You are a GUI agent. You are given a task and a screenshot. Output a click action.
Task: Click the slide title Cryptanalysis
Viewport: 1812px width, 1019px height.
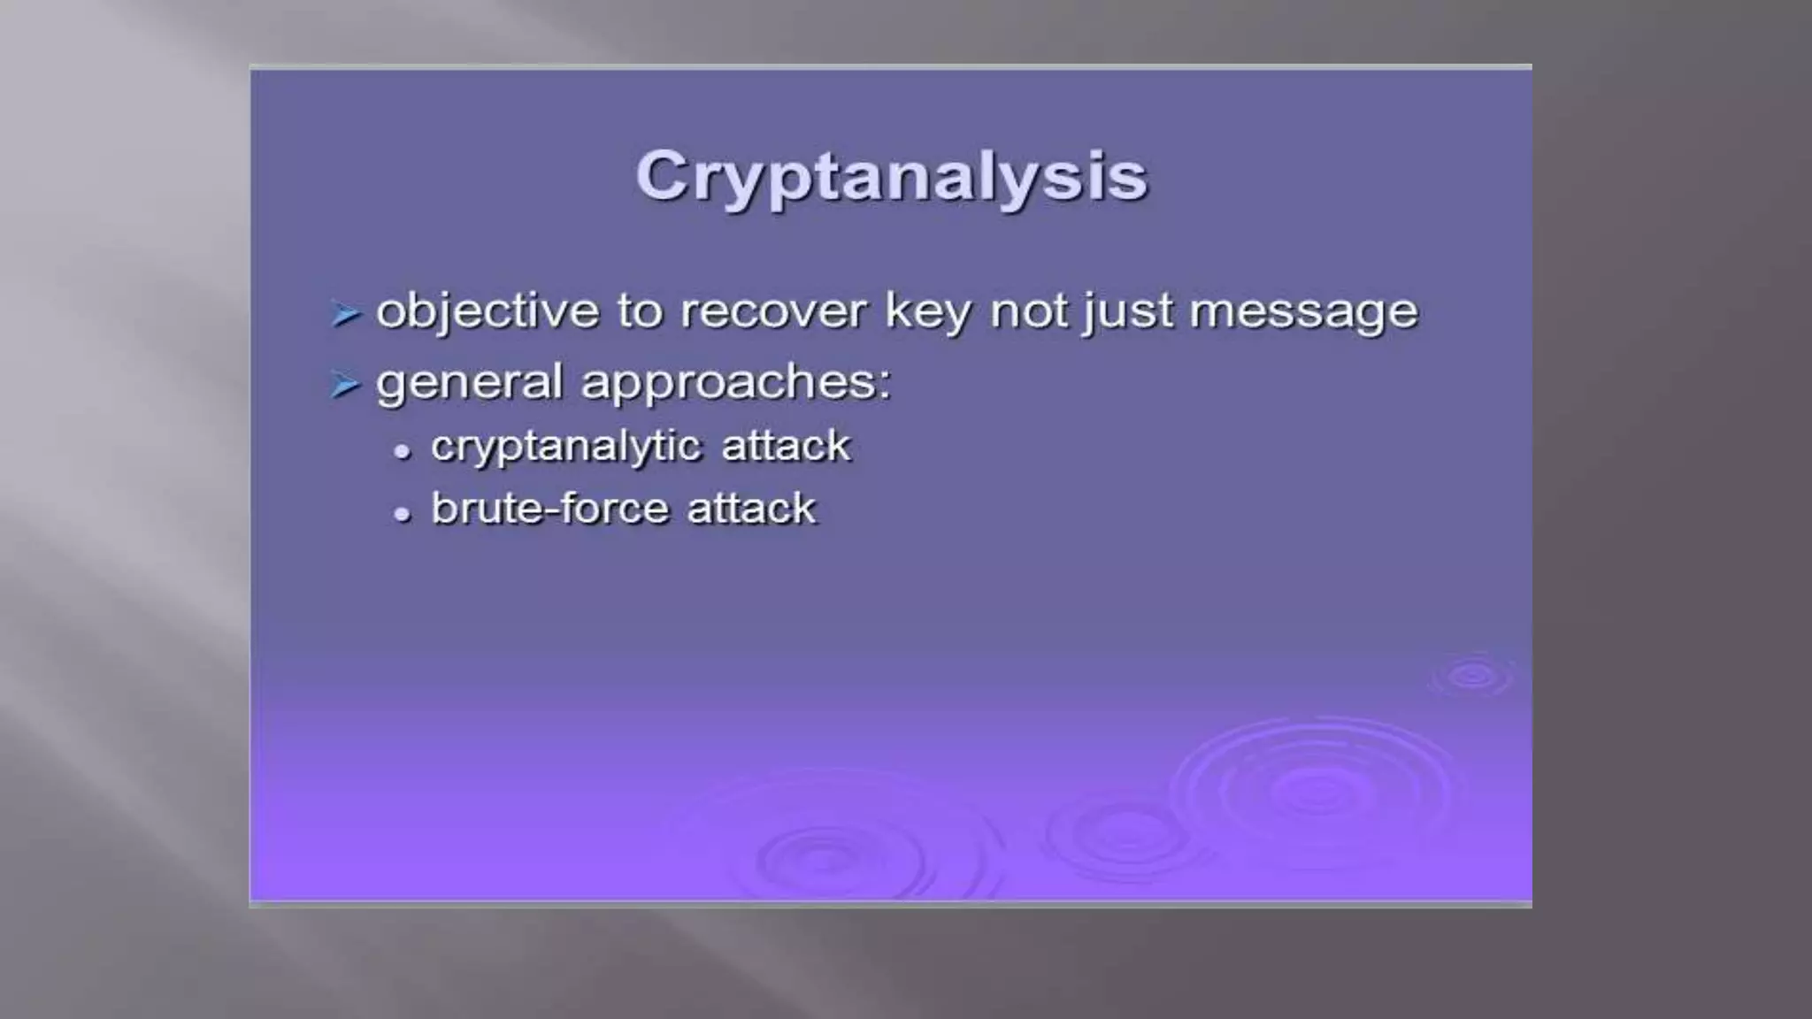(891, 176)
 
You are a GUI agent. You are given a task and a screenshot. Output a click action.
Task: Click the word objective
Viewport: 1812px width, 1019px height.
(488, 312)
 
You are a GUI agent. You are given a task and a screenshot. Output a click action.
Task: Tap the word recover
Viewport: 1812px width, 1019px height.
(773, 311)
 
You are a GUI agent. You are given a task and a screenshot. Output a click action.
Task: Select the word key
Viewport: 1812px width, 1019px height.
(927, 312)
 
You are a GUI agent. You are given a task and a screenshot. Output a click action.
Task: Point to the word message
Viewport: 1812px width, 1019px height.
(1303, 312)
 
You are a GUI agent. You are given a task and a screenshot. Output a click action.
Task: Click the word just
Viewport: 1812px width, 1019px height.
(1128, 312)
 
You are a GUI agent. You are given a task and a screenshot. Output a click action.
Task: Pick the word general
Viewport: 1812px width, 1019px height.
(469, 384)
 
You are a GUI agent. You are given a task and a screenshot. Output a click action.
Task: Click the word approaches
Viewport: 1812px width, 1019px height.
(735, 384)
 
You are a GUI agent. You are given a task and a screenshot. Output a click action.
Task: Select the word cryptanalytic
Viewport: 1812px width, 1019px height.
(566, 447)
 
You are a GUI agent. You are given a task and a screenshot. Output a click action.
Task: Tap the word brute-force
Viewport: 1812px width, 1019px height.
(549, 509)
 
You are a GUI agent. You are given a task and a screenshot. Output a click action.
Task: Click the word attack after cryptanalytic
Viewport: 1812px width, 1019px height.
(786, 446)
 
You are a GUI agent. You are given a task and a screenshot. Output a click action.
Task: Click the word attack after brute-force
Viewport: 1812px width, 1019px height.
(751, 509)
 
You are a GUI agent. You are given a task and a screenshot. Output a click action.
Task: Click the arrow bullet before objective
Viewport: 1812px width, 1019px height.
(345, 313)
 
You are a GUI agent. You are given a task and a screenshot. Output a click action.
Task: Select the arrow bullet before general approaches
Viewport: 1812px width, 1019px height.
(345, 385)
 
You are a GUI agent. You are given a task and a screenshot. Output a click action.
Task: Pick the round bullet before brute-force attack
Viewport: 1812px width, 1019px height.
(403, 514)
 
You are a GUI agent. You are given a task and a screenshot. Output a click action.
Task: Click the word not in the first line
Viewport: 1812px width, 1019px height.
(1028, 311)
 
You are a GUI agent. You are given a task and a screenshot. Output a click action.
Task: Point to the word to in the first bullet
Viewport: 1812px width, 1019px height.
(639, 311)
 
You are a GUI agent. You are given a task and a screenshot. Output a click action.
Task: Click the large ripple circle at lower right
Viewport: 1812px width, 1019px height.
(1317, 790)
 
